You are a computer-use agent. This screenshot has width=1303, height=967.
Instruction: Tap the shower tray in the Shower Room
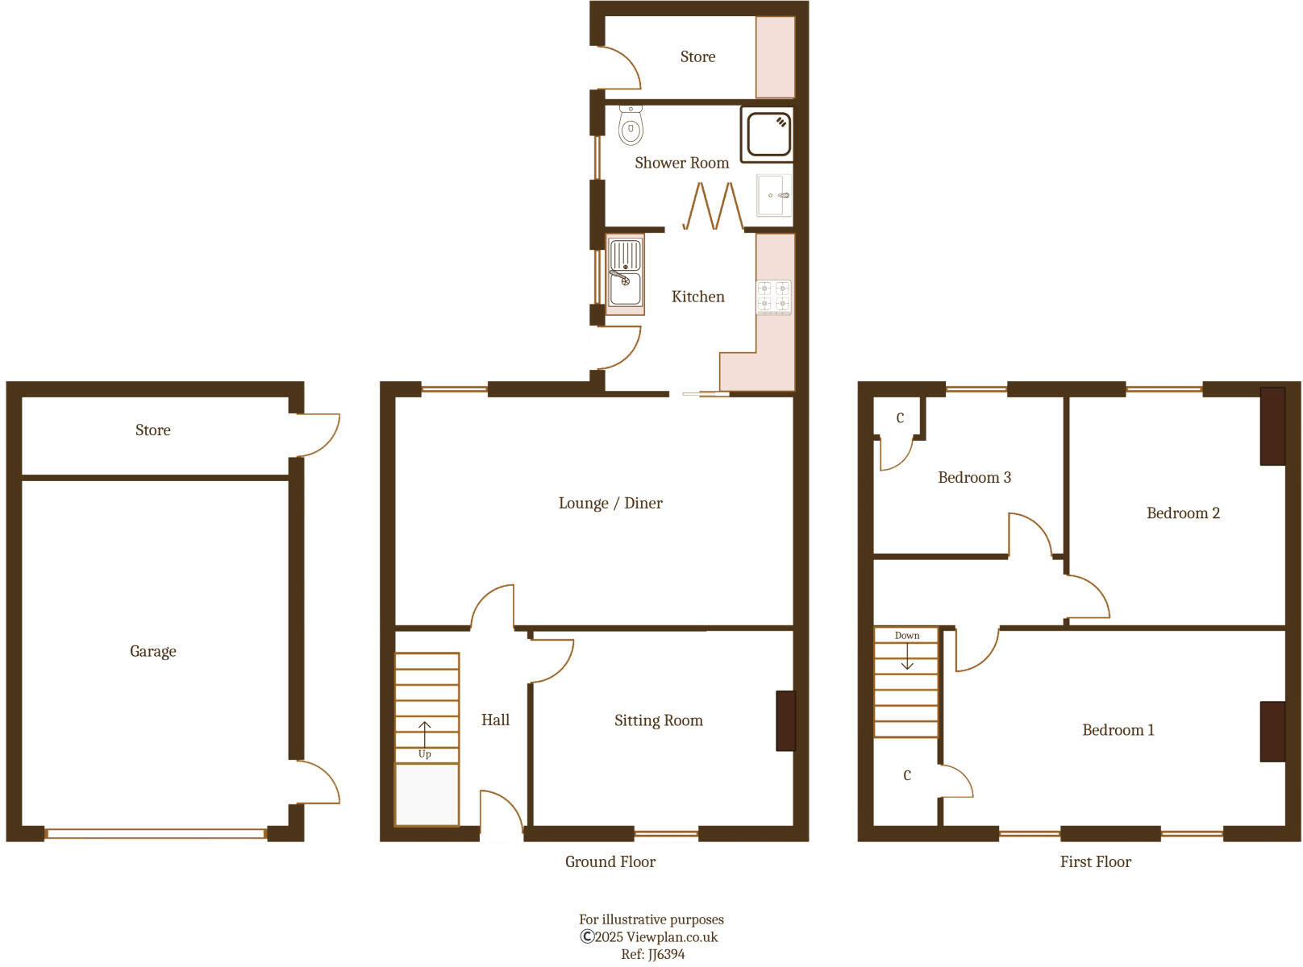(x=768, y=134)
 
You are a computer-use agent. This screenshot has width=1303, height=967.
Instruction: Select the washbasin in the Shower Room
(x=774, y=196)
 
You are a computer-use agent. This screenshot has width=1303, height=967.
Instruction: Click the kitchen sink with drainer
(x=626, y=274)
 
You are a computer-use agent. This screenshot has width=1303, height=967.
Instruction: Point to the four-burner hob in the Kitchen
(x=773, y=296)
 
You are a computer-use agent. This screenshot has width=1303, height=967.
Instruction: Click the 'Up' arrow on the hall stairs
(x=425, y=733)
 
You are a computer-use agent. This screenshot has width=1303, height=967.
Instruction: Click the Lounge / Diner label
(x=610, y=504)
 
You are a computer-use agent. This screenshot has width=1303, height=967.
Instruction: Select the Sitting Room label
(x=658, y=720)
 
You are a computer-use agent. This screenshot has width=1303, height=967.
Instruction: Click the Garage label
(x=152, y=651)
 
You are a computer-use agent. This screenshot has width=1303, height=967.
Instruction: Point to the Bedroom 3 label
(x=974, y=478)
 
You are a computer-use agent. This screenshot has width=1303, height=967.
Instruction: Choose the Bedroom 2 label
(x=1183, y=513)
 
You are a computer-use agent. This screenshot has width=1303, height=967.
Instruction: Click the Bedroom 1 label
(x=1118, y=730)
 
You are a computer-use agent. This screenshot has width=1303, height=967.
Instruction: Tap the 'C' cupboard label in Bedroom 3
(x=900, y=418)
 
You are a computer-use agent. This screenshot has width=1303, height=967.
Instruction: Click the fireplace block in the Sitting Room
(x=785, y=720)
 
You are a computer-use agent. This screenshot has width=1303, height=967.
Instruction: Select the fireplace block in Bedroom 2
(x=1272, y=426)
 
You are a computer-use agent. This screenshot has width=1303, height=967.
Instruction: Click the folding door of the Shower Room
(x=714, y=207)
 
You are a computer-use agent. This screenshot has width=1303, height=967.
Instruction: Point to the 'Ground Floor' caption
(x=610, y=862)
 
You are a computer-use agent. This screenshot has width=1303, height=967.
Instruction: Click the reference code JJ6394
(x=666, y=955)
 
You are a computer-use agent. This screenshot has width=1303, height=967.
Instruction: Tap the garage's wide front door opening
(x=156, y=834)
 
